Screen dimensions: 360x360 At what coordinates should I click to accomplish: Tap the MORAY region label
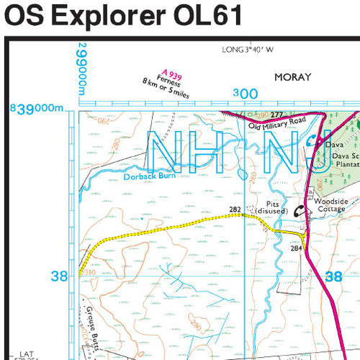[293, 77]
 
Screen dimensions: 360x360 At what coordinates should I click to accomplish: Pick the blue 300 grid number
[246, 94]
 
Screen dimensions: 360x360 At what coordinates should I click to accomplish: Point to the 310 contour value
[89, 273]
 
